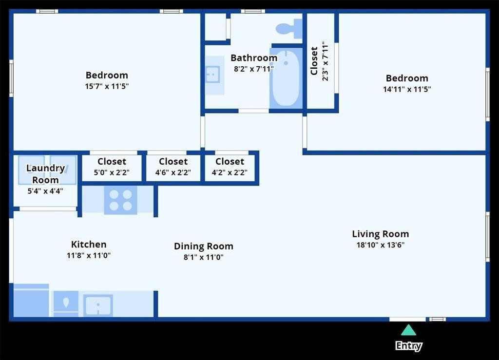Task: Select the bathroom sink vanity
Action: [213, 75]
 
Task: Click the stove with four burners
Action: [120, 200]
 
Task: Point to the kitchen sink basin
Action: [98, 305]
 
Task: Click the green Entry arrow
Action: [408, 331]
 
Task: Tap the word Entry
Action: [408, 346]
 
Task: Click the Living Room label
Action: [380, 234]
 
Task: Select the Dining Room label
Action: [203, 246]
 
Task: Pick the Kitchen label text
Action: [89, 245]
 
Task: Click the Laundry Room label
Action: [45, 174]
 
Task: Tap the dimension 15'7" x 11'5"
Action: [107, 86]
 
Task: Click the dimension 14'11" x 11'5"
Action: [407, 89]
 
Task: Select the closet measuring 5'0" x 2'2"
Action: [112, 167]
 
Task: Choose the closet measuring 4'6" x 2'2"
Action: [173, 167]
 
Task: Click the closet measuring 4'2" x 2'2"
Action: [230, 167]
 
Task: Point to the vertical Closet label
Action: [314, 61]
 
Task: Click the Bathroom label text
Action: [254, 58]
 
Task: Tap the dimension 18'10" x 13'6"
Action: [380, 245]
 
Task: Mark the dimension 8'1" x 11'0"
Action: [203, 257]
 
